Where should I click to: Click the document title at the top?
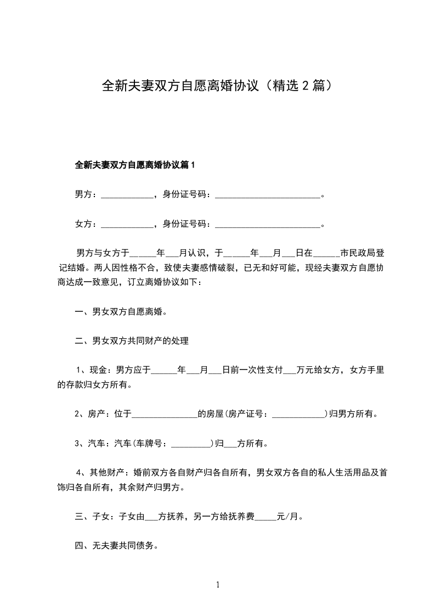click(x=217, y=86)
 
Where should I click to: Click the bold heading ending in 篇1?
click(x=135, y=165)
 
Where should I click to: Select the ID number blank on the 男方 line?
click(x=267, y=194)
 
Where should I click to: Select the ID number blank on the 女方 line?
click(x=267, y=224)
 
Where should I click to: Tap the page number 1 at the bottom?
click(x=218, y=585)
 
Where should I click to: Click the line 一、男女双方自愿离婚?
click(x=121, y=312)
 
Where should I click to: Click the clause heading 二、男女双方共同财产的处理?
click(x=132, y=341)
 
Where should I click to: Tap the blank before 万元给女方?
click(x=289, y=371)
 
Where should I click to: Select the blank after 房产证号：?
click(x=299, y=414)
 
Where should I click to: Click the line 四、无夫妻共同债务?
click(x=116, y=546)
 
